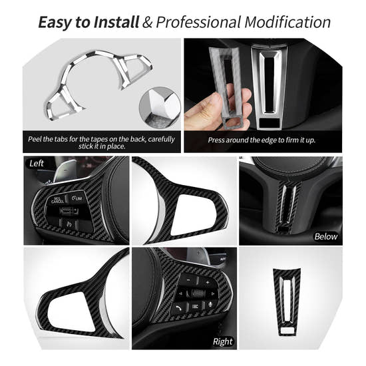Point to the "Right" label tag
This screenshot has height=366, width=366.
223,341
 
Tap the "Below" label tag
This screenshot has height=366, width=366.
325,236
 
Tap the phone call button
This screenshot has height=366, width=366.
179,307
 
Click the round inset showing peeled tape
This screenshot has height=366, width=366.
159,106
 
